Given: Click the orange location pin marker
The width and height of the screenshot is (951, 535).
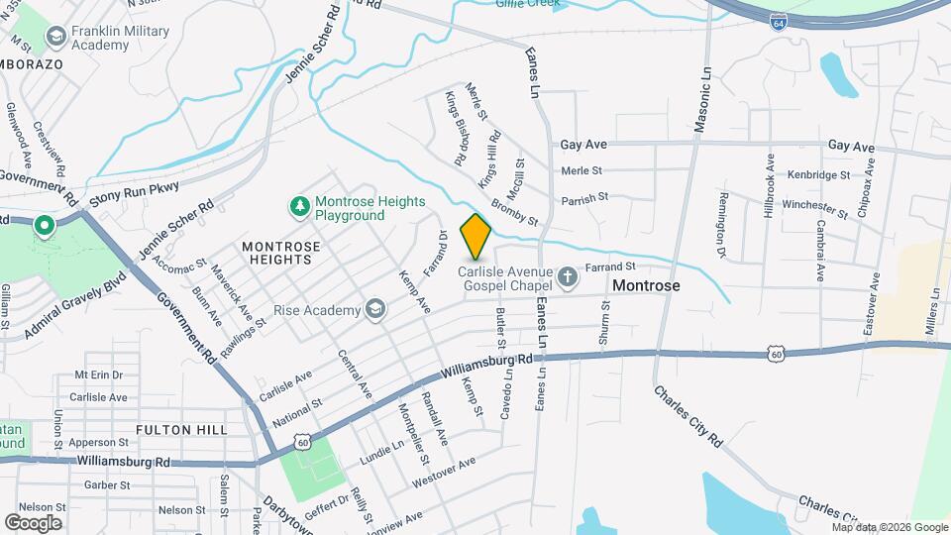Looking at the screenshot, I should click(x=476, y=236).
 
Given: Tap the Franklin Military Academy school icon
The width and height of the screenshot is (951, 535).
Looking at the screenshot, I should click(x=55, y=38).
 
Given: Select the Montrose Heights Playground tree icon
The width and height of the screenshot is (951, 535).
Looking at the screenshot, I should click(x=299, y=206).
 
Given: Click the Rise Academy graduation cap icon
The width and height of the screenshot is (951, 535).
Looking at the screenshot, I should click(x=374, y=310).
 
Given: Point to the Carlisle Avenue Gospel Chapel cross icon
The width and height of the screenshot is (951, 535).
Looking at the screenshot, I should click(x=568, y=276).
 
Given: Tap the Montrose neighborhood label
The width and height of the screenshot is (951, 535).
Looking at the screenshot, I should click(x=646, y=285).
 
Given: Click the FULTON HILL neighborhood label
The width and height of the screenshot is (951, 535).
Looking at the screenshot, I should click(x=181, y=430).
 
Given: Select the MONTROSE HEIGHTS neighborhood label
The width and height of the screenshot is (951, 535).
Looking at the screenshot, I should click(x=276, y=252).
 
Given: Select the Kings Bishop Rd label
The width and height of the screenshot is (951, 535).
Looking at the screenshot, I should click(x=455, y=128).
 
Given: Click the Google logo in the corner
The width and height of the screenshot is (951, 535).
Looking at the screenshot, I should click(x=33, y=522).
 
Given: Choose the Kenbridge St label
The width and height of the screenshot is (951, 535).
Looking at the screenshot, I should click(x=818, y=174).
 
